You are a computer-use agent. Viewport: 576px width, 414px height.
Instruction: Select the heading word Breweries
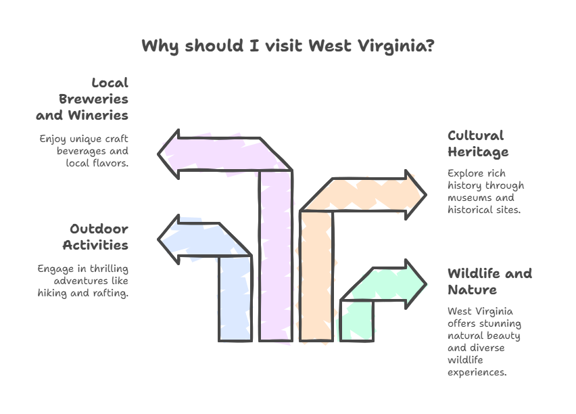click(93, 99)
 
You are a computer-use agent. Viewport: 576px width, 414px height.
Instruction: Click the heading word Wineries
click(98, 115)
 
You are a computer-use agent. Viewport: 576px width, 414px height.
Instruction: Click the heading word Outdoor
click(99, 229)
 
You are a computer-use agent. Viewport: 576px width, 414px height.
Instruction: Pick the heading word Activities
click(95, 245)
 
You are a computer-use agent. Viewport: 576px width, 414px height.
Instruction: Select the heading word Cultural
click(476, 135)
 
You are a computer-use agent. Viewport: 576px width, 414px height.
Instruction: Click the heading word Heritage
click(478, 152)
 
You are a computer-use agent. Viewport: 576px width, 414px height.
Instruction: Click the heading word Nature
click(473, 290)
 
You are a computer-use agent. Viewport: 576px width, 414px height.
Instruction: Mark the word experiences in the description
click(477, 373)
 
